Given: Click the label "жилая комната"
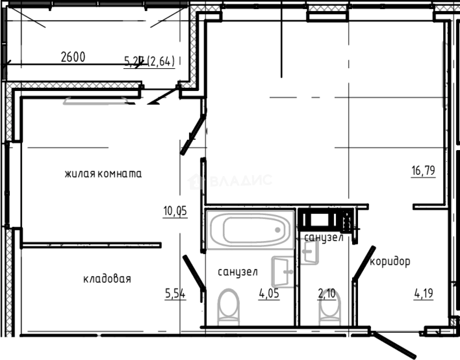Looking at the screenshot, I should coord(103,174).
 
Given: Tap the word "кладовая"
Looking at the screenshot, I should coord(107,279).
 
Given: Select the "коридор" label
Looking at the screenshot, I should coord(390,262).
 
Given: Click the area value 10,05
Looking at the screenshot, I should coord(175,211).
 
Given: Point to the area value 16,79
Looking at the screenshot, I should coord(423,171).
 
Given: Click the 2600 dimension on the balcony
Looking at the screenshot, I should coord(73,57).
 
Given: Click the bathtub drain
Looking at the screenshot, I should coord(278,230).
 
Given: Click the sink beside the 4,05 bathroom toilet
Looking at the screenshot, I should coord(283,272).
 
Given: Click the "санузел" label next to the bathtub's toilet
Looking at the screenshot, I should coord(237,272).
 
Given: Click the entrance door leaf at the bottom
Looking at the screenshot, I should coord(394,345).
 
